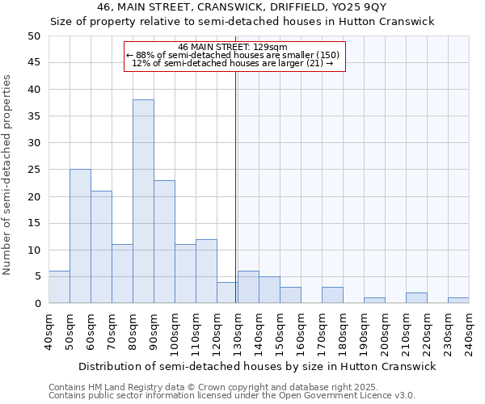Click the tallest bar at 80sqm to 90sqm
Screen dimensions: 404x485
click(x=143, y=202)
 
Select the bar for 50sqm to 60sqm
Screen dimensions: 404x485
click(x=80, y=236)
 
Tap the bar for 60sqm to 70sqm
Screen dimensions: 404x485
click(x=101, y=247)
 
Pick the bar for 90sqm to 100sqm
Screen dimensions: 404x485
click(x=164, y=242)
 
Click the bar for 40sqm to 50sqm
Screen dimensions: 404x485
click(x=59, y=287)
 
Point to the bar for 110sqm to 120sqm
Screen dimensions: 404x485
click(x=206, y=271)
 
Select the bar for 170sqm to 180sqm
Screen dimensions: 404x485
click(x=332, y=295)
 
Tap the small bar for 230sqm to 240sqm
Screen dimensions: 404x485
click(x=458, y=301)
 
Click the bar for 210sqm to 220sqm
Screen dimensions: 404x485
click(x=416, y=298)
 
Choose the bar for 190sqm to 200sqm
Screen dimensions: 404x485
click(x=374, y=301)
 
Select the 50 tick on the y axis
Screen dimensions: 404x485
click(x=34, y=36)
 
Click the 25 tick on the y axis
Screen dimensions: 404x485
click(x=34, y=170)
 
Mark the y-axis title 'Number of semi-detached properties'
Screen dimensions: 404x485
click(x=7, y=175)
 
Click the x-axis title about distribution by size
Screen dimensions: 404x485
click(x=258, y=366)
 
